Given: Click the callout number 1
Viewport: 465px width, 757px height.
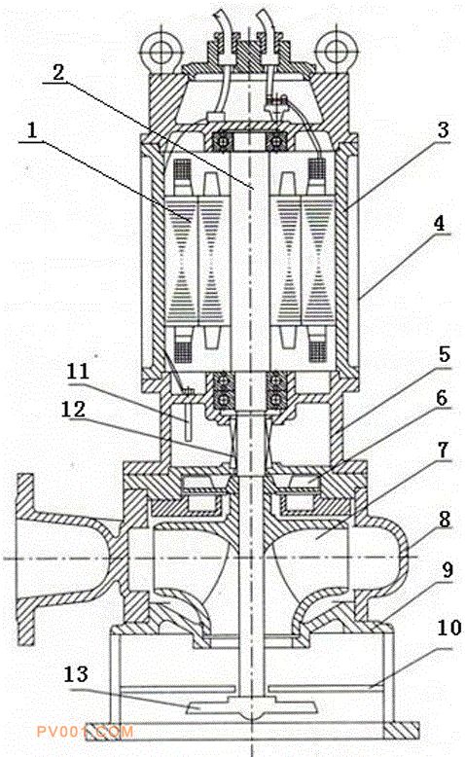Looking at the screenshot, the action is tap(32, 131).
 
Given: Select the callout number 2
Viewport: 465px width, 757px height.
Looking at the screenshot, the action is tap(58, 73).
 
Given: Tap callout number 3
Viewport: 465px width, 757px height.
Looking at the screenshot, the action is tap(443, 130).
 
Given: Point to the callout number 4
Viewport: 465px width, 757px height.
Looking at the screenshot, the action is tap(439, 224).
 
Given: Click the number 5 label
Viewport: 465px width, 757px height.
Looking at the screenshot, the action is tap(445, 355).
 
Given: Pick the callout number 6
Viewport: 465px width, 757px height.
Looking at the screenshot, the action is tap(442, 398).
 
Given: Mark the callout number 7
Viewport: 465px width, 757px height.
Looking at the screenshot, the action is tap(443, 451).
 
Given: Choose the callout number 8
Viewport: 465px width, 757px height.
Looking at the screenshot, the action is tap(445, 520).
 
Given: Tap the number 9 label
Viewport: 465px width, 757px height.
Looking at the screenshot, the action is tap(447, 570).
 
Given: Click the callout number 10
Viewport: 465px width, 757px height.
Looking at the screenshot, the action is tap(449, 629).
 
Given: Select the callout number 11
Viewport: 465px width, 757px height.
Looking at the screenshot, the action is tap(78, 372).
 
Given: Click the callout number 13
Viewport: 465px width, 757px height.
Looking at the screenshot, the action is tap(76, 674).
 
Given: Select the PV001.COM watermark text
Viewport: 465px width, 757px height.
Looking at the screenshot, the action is tap(85, 732).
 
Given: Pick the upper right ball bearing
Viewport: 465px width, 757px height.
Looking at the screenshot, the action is tap(276, 142).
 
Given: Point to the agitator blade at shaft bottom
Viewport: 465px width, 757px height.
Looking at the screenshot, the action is tap(252, 705).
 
